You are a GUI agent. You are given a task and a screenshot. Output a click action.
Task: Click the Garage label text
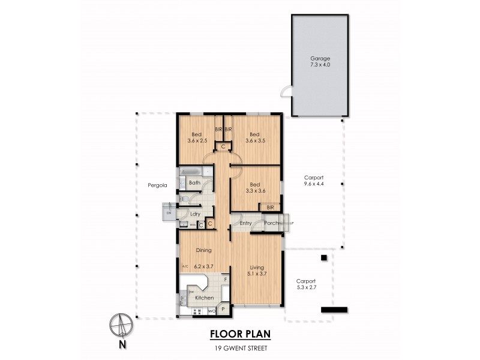(320, 58)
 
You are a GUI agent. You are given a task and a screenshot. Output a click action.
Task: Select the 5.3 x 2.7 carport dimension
(306, 288)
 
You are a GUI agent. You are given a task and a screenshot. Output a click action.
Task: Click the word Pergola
(157, 185)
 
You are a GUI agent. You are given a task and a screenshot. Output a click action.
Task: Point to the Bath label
(194, 182)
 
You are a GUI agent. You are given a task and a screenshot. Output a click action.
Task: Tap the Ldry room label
(195, 214)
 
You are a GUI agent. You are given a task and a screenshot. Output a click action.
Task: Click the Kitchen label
(205, 298)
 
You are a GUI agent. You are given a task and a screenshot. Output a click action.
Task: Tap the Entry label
(245, 224)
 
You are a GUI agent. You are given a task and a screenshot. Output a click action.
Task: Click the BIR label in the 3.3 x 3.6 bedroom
(270, 207)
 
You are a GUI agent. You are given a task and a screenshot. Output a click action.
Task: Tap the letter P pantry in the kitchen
(223, 309)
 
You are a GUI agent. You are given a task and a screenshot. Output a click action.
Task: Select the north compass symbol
(121, 326)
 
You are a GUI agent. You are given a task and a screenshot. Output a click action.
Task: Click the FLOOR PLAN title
(239, 334)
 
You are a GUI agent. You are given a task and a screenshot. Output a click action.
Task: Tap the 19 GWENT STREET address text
(239, 349)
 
